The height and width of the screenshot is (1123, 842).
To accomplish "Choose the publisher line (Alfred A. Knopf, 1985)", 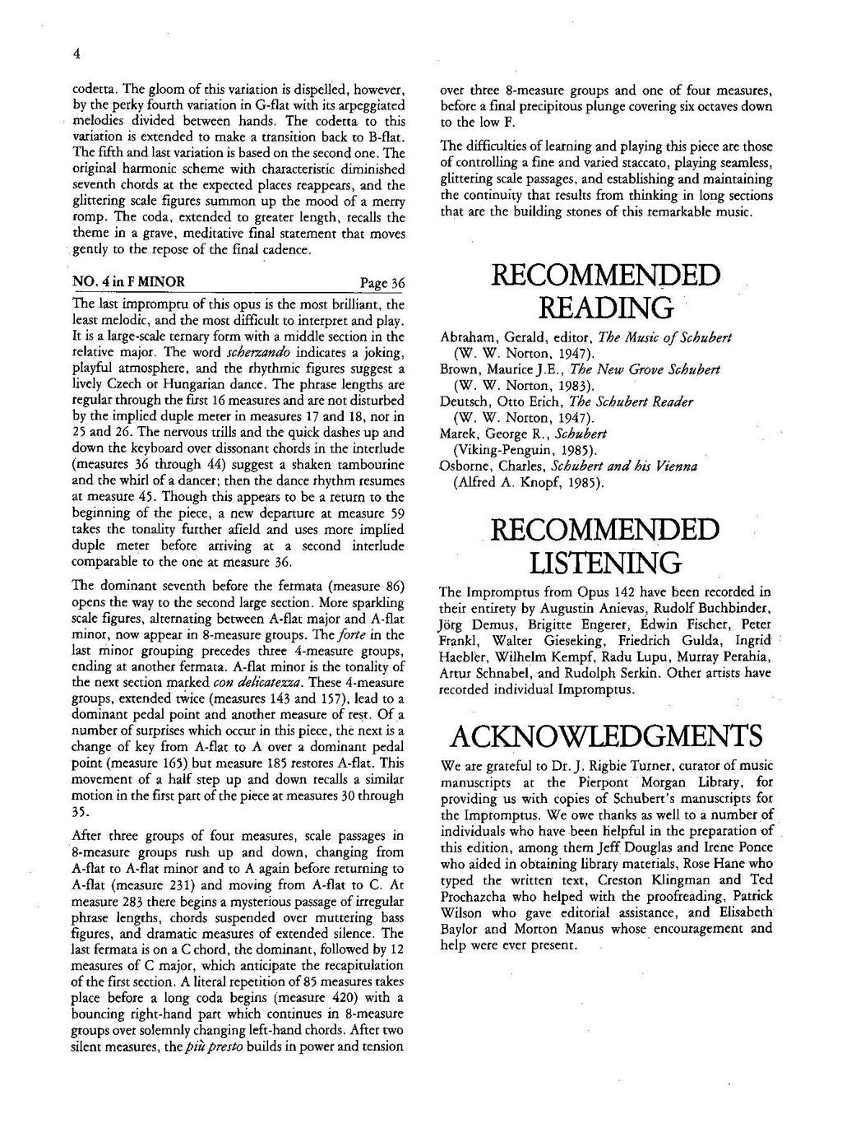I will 529,482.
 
